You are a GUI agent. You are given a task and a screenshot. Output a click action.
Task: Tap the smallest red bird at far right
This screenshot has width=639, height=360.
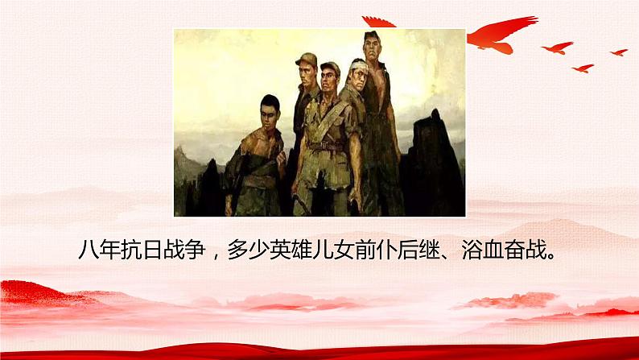pos(618,52)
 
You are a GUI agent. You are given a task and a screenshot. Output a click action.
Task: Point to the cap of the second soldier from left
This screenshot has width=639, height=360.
pos(306,59)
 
